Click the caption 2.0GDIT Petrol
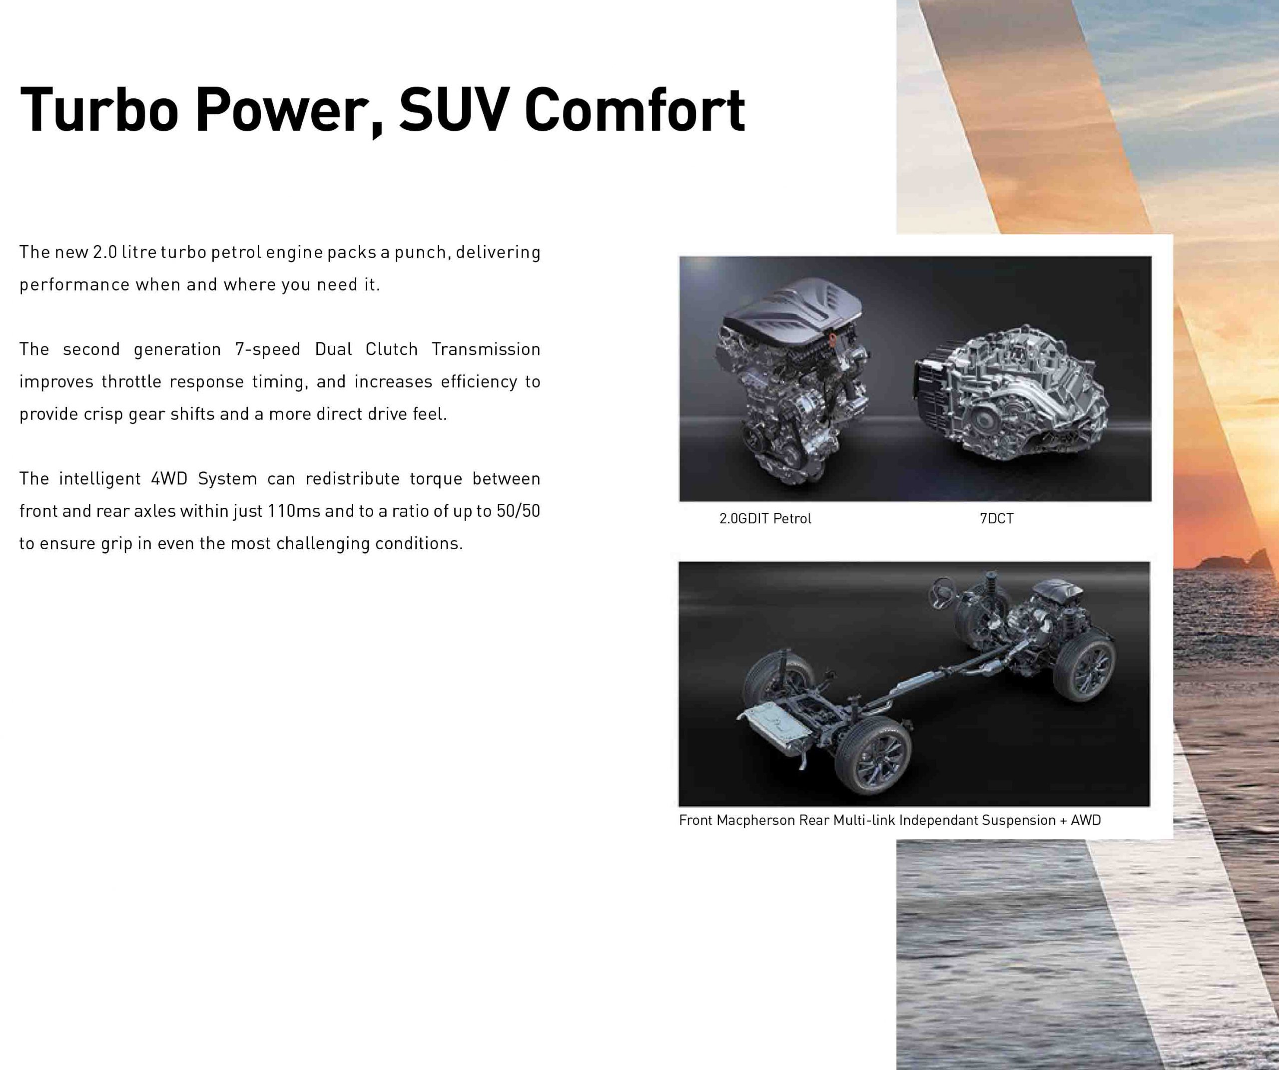(x=765, y=519)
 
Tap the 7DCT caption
(x=996, y=519)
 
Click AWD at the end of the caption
(x=1086, y=820)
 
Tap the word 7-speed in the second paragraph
(x=267, y=350)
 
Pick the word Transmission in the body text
(x=486, y=350)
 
